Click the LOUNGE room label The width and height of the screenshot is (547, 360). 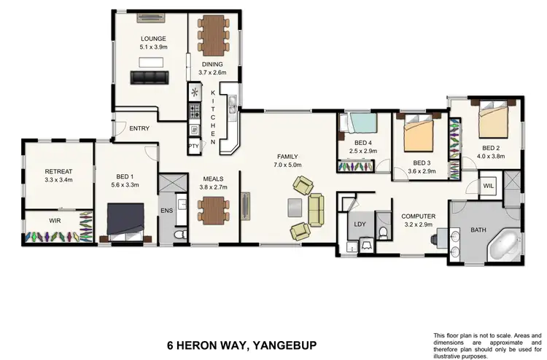click(153, 39)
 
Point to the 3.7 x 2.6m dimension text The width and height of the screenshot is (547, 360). click(212, 73)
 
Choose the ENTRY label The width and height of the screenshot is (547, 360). click(139, 128)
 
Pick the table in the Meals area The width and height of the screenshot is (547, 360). click(213, 211)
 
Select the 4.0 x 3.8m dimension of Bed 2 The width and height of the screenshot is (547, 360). click(491, 155)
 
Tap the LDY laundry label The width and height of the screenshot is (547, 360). click(360, 225)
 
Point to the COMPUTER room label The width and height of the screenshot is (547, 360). click(419, 216)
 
